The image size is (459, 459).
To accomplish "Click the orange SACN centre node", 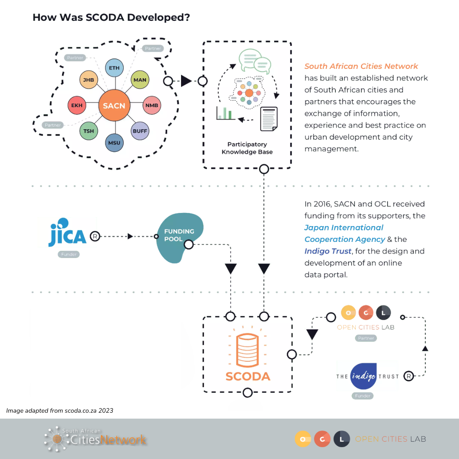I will coord(114,105).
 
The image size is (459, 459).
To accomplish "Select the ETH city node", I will coord(114,68).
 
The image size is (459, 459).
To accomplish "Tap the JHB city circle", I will coord(89,80).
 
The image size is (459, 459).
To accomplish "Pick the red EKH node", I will coord(77,105).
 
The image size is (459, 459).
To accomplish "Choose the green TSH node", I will coord(89,131).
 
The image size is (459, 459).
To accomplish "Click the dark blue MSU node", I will coord(114,142).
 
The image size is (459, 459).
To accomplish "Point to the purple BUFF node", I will coord(140,131).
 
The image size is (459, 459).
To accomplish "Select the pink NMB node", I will coord(151,105).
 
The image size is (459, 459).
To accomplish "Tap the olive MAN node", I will coord(140,80).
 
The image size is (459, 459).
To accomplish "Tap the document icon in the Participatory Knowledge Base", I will coord(269,119).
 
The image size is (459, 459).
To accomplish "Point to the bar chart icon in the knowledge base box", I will coord(225,113).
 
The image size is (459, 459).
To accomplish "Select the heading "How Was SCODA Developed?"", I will coord(111,18).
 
